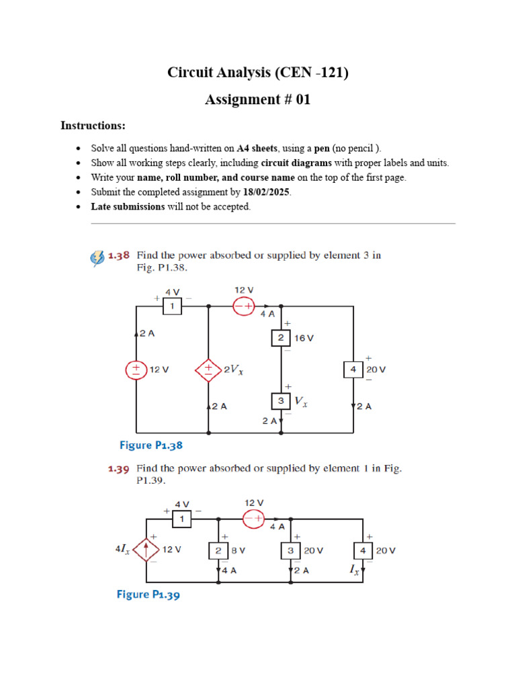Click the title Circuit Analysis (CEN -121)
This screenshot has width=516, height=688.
[258, 73]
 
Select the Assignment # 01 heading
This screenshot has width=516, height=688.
[258, 100]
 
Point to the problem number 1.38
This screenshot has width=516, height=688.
[118, 255]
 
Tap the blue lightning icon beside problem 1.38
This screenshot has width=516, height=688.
[97, 257]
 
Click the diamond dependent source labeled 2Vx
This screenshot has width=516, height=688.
[209, 370]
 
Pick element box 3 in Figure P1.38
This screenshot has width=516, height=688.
[281, 402]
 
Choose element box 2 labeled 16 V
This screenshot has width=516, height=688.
[281, 338]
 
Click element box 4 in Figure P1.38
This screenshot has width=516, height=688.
[353, 370]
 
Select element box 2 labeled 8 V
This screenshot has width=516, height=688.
[219, 550]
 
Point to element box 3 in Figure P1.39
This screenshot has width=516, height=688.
[291, 550]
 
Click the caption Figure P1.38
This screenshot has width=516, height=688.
[150, 445]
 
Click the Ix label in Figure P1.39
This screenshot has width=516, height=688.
[353, 570]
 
